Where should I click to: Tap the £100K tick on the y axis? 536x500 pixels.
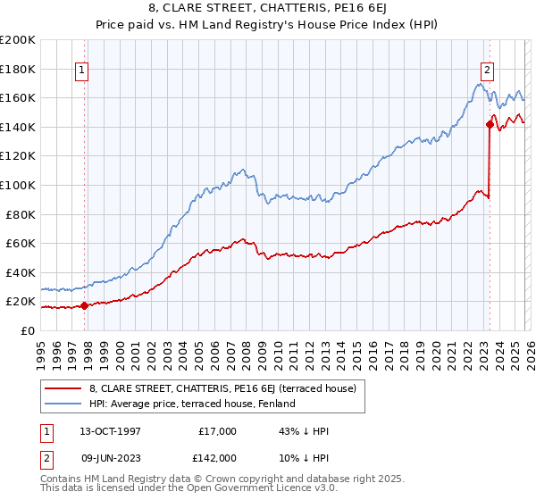17,185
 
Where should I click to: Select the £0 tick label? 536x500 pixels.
28,330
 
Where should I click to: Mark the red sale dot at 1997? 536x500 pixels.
85,305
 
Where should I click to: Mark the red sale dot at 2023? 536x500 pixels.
490,124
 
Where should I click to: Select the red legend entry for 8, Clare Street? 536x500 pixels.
222,388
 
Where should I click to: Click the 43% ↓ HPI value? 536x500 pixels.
304,431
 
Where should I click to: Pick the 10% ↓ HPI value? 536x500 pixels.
304,457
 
